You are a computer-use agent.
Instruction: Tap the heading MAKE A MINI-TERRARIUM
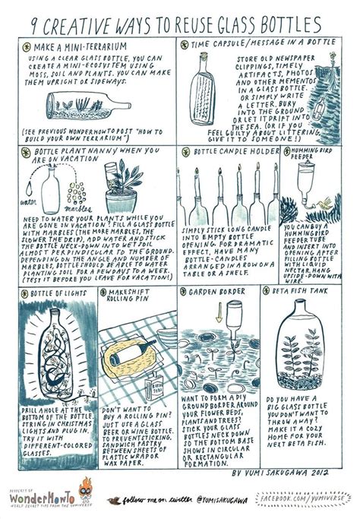pos(75,47)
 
